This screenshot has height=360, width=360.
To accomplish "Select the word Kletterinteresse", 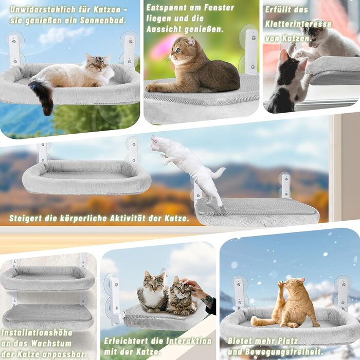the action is (x=298, y=24).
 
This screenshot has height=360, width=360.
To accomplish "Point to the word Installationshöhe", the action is (x=37, y=333).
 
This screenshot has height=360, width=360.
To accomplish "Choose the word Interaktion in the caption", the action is (x=189, y=341).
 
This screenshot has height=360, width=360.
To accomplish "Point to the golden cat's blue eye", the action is (x=178, y=50).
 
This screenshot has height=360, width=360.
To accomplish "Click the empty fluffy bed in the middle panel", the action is (x=86, y=177).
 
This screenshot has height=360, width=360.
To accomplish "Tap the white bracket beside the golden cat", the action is (x=251, y=51).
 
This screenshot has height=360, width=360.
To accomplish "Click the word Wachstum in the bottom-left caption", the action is (x=51, y=344).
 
